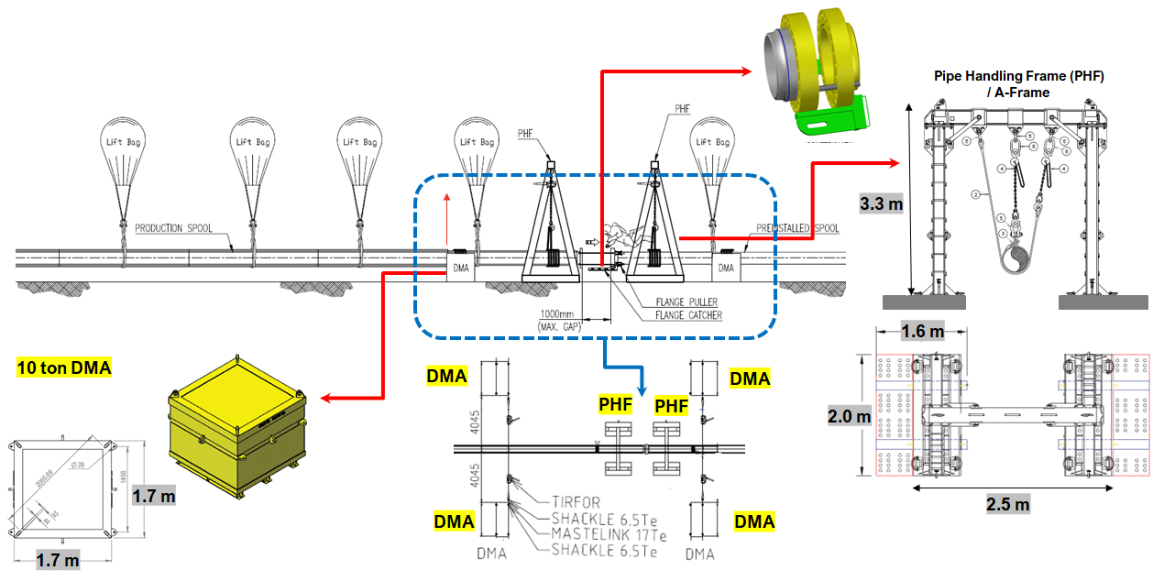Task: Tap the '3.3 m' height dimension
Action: [881, 203]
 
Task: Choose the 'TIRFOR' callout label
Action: [582, 501]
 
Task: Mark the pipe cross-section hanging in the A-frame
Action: [1016, 261]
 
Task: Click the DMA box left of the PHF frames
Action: [461, 268]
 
